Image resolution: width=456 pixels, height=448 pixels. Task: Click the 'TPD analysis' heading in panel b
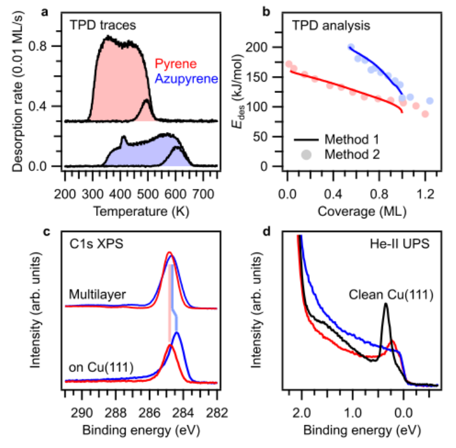pos(330,26)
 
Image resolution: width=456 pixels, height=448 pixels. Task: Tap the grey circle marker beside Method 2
pos(305,154)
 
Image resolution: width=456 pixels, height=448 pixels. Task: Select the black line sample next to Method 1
pos(305,140)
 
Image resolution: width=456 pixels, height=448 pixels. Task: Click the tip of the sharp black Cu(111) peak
pos(385,304)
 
